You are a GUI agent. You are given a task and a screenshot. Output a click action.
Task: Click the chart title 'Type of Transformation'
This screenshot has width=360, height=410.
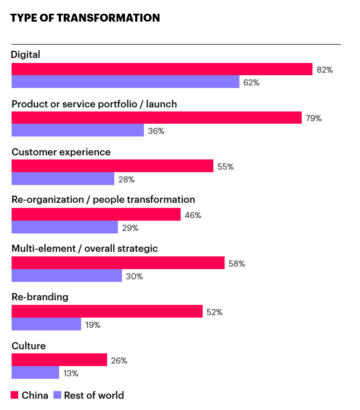(x=85, y=18)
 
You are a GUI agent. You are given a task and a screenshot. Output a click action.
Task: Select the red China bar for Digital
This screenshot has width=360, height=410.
(x=162, y=69)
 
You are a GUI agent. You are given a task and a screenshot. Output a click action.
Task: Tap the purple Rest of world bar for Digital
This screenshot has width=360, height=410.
(x=125, y=82)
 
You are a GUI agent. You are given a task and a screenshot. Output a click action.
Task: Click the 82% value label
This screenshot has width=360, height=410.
(x=325, y=70)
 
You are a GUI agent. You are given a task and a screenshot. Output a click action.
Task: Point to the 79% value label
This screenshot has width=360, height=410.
(x=314, y=118)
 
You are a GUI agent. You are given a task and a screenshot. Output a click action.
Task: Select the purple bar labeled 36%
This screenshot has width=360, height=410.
(x=78, y=130)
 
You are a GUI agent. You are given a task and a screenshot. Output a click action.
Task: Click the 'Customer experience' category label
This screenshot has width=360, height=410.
(x=61, y=152)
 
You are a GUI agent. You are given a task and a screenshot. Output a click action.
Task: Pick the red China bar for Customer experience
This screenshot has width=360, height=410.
(x=112, y=166)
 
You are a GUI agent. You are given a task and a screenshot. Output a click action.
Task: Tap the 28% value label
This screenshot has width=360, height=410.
(x=126, y=179)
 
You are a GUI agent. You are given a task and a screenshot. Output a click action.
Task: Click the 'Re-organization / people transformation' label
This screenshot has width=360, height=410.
(x=103, y=200)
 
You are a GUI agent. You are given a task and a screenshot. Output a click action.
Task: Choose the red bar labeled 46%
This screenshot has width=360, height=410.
(x=96, y=215)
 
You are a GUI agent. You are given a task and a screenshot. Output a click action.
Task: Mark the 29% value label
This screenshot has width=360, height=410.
(x=130, y=228)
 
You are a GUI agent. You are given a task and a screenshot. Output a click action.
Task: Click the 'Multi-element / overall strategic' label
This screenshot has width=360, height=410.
(x=84, y=248)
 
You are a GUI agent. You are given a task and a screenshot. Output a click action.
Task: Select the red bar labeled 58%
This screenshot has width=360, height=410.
(x=118, y=263)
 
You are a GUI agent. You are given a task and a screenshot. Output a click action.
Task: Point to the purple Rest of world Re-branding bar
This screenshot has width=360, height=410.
(x=46, y=324)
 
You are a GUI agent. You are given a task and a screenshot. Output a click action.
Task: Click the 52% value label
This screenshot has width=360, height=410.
(x=214, y=312)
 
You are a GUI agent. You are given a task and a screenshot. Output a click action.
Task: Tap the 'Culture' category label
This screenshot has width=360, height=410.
(x=29, y=345)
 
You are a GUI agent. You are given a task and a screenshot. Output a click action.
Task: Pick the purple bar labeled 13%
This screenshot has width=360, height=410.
(x=35, y=372)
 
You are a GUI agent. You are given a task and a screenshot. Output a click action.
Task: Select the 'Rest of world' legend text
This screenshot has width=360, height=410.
(x=94, y=395)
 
